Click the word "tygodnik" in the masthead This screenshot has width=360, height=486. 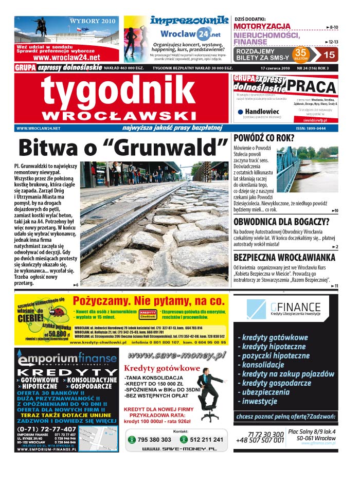click(x=118, y=92)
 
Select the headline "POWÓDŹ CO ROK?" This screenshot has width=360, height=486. click(x=264, y=138)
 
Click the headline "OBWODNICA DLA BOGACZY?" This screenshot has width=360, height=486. click(x=281, y=222)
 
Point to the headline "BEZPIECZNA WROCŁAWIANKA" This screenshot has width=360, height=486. click(x=284, y=257)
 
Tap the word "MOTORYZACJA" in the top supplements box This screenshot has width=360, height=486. click(x=262, y=26)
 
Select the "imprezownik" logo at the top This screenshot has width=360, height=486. click(x=189, y=21)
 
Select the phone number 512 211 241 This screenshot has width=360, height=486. click(x=206, y=440)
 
